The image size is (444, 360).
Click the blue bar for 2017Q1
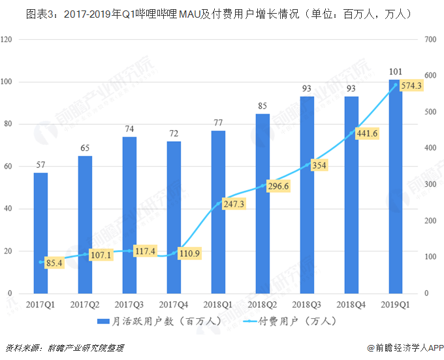(40, 233)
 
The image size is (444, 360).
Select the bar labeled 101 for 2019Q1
(396, 187)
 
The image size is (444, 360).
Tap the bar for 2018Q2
(262, 204)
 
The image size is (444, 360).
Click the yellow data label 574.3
(411, 86)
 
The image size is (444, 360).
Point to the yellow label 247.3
(234, 204)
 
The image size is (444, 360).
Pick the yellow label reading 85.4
(54, 263)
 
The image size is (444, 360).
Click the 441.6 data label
(367, 133)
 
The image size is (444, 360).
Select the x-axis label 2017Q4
(174, 304)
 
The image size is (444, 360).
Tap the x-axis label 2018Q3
(307, 304)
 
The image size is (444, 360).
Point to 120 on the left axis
(7, 39)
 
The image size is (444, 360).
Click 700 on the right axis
(430, 39)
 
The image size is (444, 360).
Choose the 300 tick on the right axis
(430, 184)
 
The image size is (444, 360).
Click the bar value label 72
(174, 133)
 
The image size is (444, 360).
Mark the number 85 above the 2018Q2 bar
(262, 106)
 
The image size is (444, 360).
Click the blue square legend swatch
(103, 321)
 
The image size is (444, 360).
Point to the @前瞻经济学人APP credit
(405, 348)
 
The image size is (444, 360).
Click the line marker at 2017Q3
(129, 251)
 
